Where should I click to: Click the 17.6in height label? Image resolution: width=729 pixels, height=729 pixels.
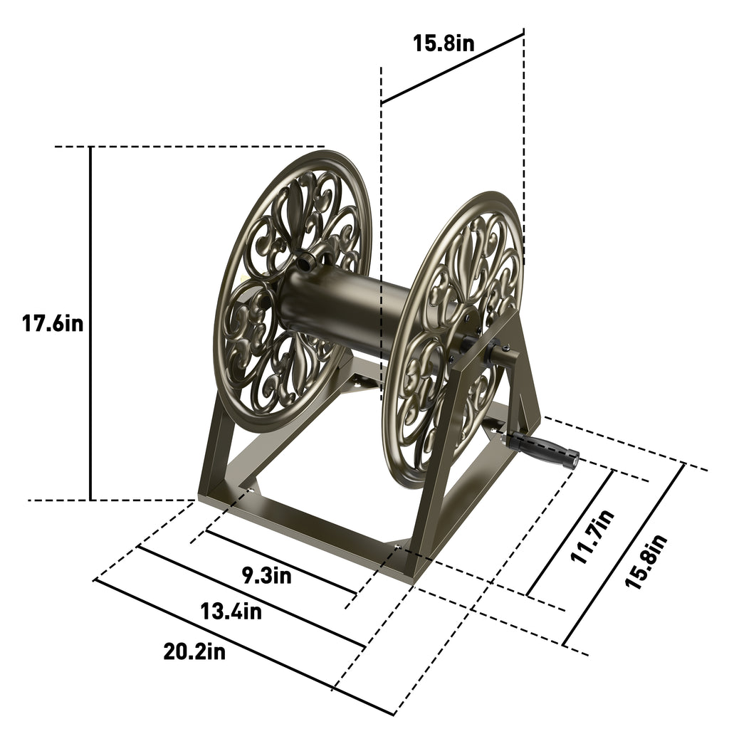(x=53, y=323)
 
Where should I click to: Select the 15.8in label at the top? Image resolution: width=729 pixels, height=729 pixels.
(x=444, y=43)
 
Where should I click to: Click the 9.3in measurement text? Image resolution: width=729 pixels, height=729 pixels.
(x=267, y=575)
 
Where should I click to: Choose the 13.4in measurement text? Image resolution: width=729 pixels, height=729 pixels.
(x=230, y=611)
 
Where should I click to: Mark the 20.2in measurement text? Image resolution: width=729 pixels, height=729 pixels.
(x=193, y=651)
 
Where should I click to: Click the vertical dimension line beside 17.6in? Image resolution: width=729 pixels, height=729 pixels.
(x=91, y=323)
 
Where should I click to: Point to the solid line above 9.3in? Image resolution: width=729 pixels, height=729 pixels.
(x=281, y=562)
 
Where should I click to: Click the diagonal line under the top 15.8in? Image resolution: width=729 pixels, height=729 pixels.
(x=452, y=68)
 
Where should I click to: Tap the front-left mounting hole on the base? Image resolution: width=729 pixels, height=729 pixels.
(x=248, y=490)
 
